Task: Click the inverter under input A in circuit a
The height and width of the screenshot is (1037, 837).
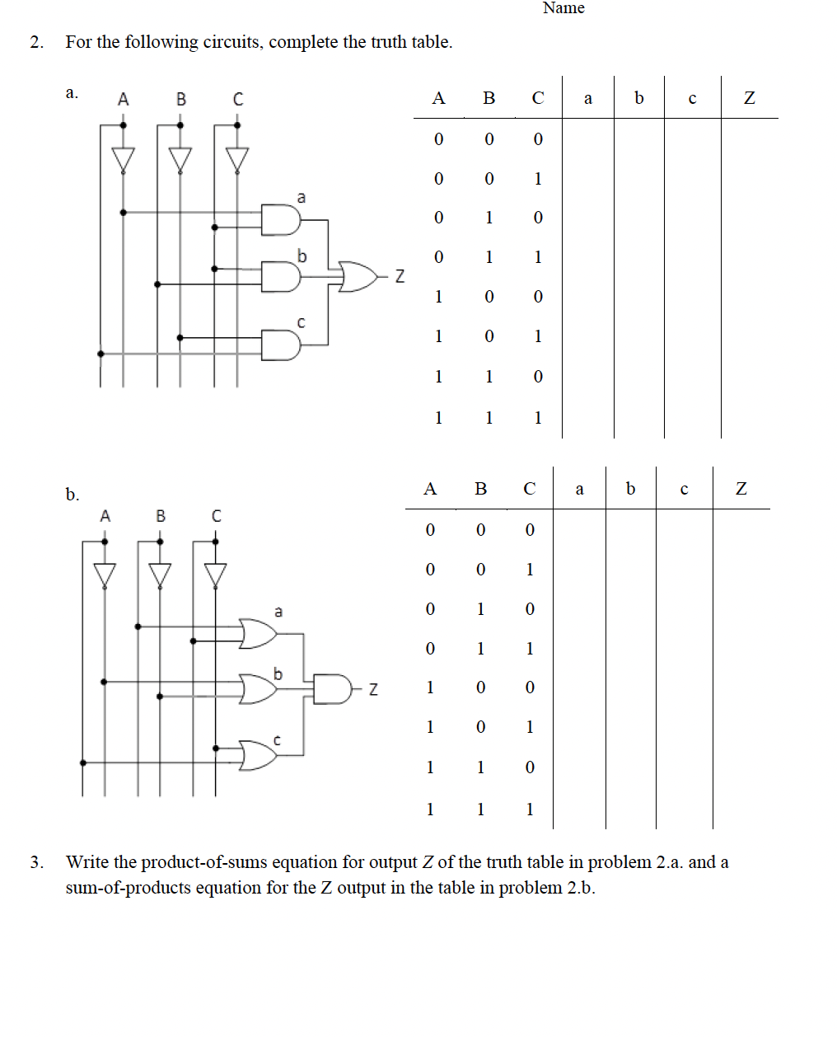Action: pos(124,158)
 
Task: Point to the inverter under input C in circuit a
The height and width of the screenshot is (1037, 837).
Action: pos(237,158)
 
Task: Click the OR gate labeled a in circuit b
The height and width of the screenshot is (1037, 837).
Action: pos(258,634)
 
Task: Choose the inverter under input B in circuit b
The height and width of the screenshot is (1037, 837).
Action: pos(160,573)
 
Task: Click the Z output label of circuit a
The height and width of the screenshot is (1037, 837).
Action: pos(400,276)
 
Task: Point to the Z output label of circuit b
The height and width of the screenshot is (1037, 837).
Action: pos(373,688)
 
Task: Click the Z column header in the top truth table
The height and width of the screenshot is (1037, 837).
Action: pos(749,98)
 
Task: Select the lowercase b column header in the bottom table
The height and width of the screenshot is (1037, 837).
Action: pos(630,489)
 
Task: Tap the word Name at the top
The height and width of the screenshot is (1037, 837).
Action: pos(563,8)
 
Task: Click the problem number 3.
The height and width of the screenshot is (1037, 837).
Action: pos(36,862)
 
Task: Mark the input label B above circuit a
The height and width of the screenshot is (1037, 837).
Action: pos(181,100)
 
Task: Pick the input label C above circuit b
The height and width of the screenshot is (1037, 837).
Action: pos(216,516)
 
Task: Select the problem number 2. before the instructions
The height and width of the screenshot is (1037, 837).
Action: pos(36,42)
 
